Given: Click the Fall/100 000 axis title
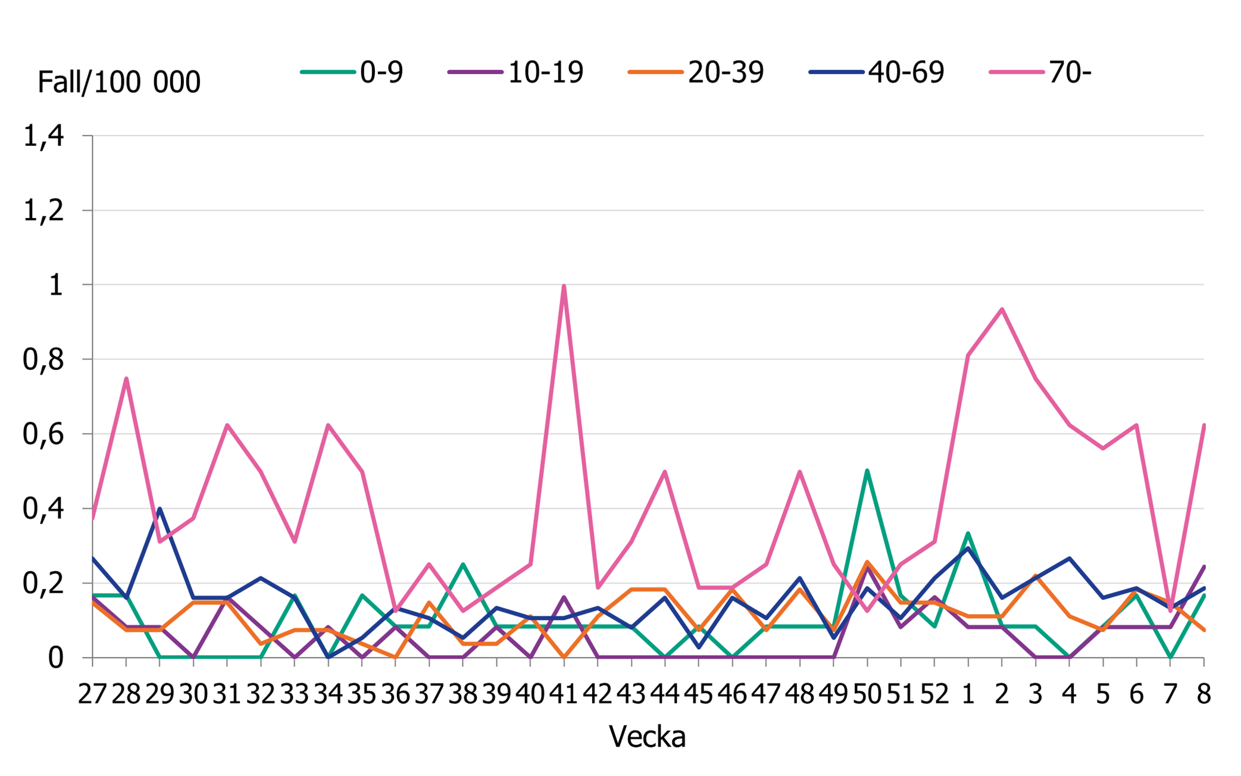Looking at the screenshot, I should pos(119,82).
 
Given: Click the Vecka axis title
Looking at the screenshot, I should pos(647,737).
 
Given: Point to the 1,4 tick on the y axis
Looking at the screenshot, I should pos(43,136).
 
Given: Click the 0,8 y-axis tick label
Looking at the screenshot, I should pos(43,360).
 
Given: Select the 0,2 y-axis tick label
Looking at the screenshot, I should pos(43,584).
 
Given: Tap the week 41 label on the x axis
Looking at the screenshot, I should pos(564,694).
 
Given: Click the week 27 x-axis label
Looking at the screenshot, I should pos(92,694).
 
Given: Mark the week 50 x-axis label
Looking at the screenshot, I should pos(867,694).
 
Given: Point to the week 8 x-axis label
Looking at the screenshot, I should pos(1204,694).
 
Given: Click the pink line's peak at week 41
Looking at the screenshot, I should pos(564,286).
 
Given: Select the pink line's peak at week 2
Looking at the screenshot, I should pos(1002,309).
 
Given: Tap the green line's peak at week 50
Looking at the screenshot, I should pos(867,470).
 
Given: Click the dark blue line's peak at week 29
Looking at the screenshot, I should pos(160,509).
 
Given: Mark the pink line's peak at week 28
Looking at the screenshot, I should pos(126,379).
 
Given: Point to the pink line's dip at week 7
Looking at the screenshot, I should pos(1170,610).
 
